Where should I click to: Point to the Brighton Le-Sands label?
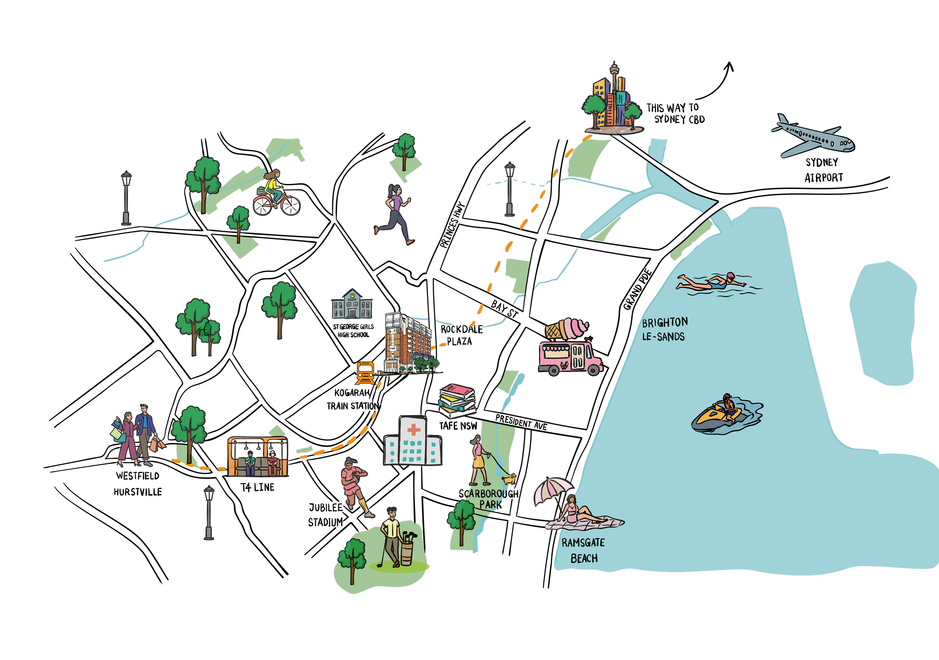click(664, 329)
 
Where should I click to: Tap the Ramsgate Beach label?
click(583, 550)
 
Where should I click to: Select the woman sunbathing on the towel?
click(579, 513)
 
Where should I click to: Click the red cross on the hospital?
click(414, 429)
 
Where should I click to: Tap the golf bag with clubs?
click(407, 548)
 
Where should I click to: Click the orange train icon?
click(365, 372)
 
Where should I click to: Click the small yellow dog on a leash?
click(509, 479)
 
